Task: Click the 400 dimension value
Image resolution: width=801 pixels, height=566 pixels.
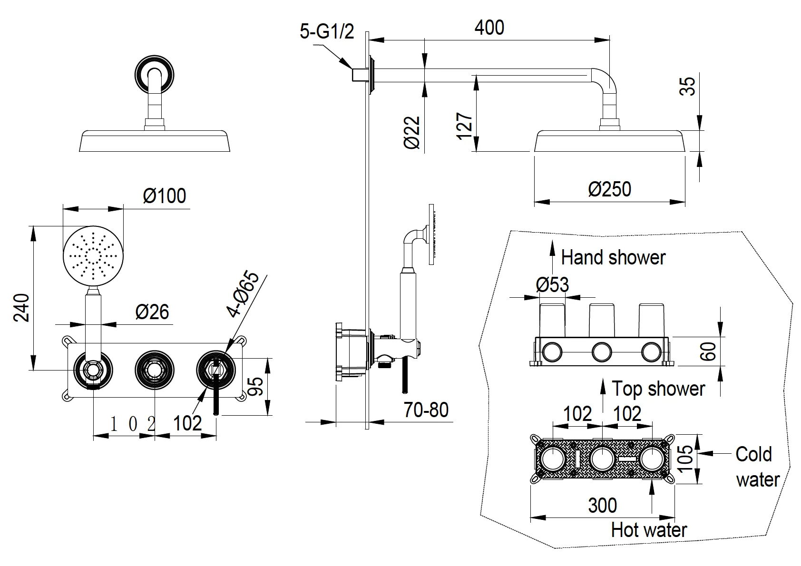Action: (x=489, y=28)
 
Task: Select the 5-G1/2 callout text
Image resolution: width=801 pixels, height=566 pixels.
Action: (x=327, y=32)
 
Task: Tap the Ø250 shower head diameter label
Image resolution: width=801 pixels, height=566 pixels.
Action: (x=609, y=189)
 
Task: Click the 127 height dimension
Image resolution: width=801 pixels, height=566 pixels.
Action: (x=465, y=126)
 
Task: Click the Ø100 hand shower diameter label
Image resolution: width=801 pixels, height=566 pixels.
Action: (x=165, y=195)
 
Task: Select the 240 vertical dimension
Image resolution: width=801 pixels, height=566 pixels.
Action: (x=21, y=307)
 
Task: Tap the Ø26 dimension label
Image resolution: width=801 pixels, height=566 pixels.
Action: (x=152, y=312)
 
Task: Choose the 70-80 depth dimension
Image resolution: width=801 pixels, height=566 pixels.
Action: (x=426, y=410)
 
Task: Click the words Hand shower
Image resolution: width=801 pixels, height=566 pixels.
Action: (x=613, y=257)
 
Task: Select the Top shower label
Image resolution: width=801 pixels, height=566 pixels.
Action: (x=658, y=389)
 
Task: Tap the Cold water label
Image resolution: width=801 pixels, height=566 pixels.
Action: (x=757, y=467)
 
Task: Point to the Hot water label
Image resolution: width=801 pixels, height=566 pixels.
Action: (x=649, y=529)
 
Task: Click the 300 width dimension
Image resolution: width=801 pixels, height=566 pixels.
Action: (x=602, y=505)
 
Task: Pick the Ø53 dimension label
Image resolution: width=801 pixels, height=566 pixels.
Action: (x=552, y=285)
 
